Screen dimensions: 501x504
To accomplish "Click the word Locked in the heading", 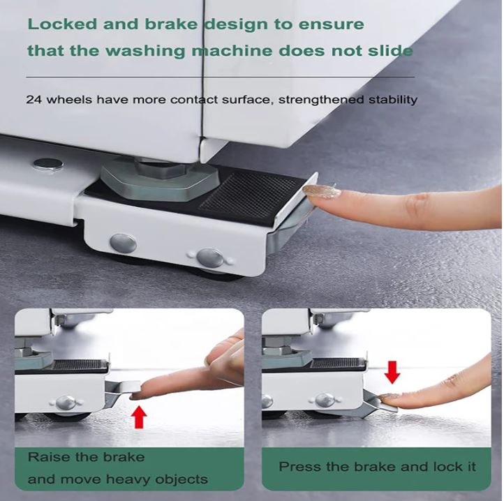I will click(61, 24).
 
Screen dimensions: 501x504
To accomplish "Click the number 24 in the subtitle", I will click(34, 99).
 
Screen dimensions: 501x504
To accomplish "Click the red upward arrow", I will click(140, 417).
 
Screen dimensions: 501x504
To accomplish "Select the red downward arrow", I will click(392, 371).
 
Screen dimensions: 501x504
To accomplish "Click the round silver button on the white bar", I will click(48, 164).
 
